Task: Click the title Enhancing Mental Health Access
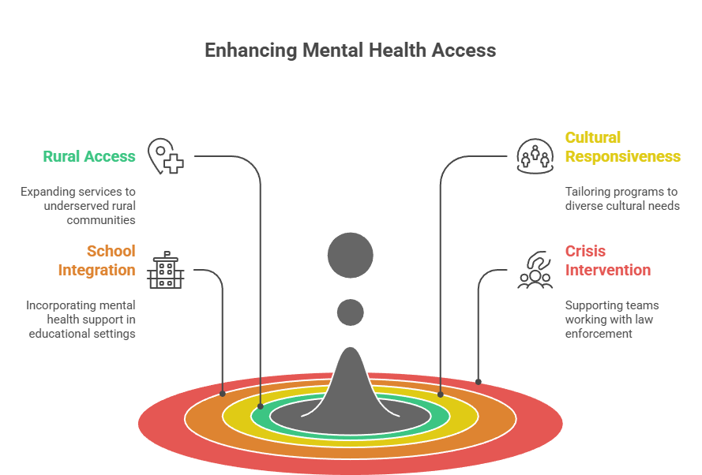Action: click(x=350, y=50)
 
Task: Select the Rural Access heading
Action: click(x=88, y=156)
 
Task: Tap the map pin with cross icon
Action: click(x=166, y=156)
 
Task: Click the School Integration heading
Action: click(x=96, y=260)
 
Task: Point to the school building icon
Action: click(x=165, y=270)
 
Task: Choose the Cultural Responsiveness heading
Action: click(x=622, y=147)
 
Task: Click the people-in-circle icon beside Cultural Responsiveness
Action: click(x=535, y=155)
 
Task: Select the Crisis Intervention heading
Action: click(x=607, y=260)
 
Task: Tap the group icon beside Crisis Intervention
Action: click(x=535, y=270)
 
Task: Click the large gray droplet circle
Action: click(x=351, y=256)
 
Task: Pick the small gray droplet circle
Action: click(x=351, y=312)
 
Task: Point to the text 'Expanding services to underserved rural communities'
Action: click(x=78, y=206)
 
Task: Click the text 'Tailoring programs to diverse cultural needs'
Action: click(x=621, y=199)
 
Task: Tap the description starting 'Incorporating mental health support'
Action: click(x=81, y=319)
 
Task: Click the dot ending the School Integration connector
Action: click(x=223, y=393)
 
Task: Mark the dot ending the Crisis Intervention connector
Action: click(x=478, y=382)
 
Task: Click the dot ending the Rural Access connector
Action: click(x=261, y=406)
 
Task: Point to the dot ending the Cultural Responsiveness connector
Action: click(x=440, y=399)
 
